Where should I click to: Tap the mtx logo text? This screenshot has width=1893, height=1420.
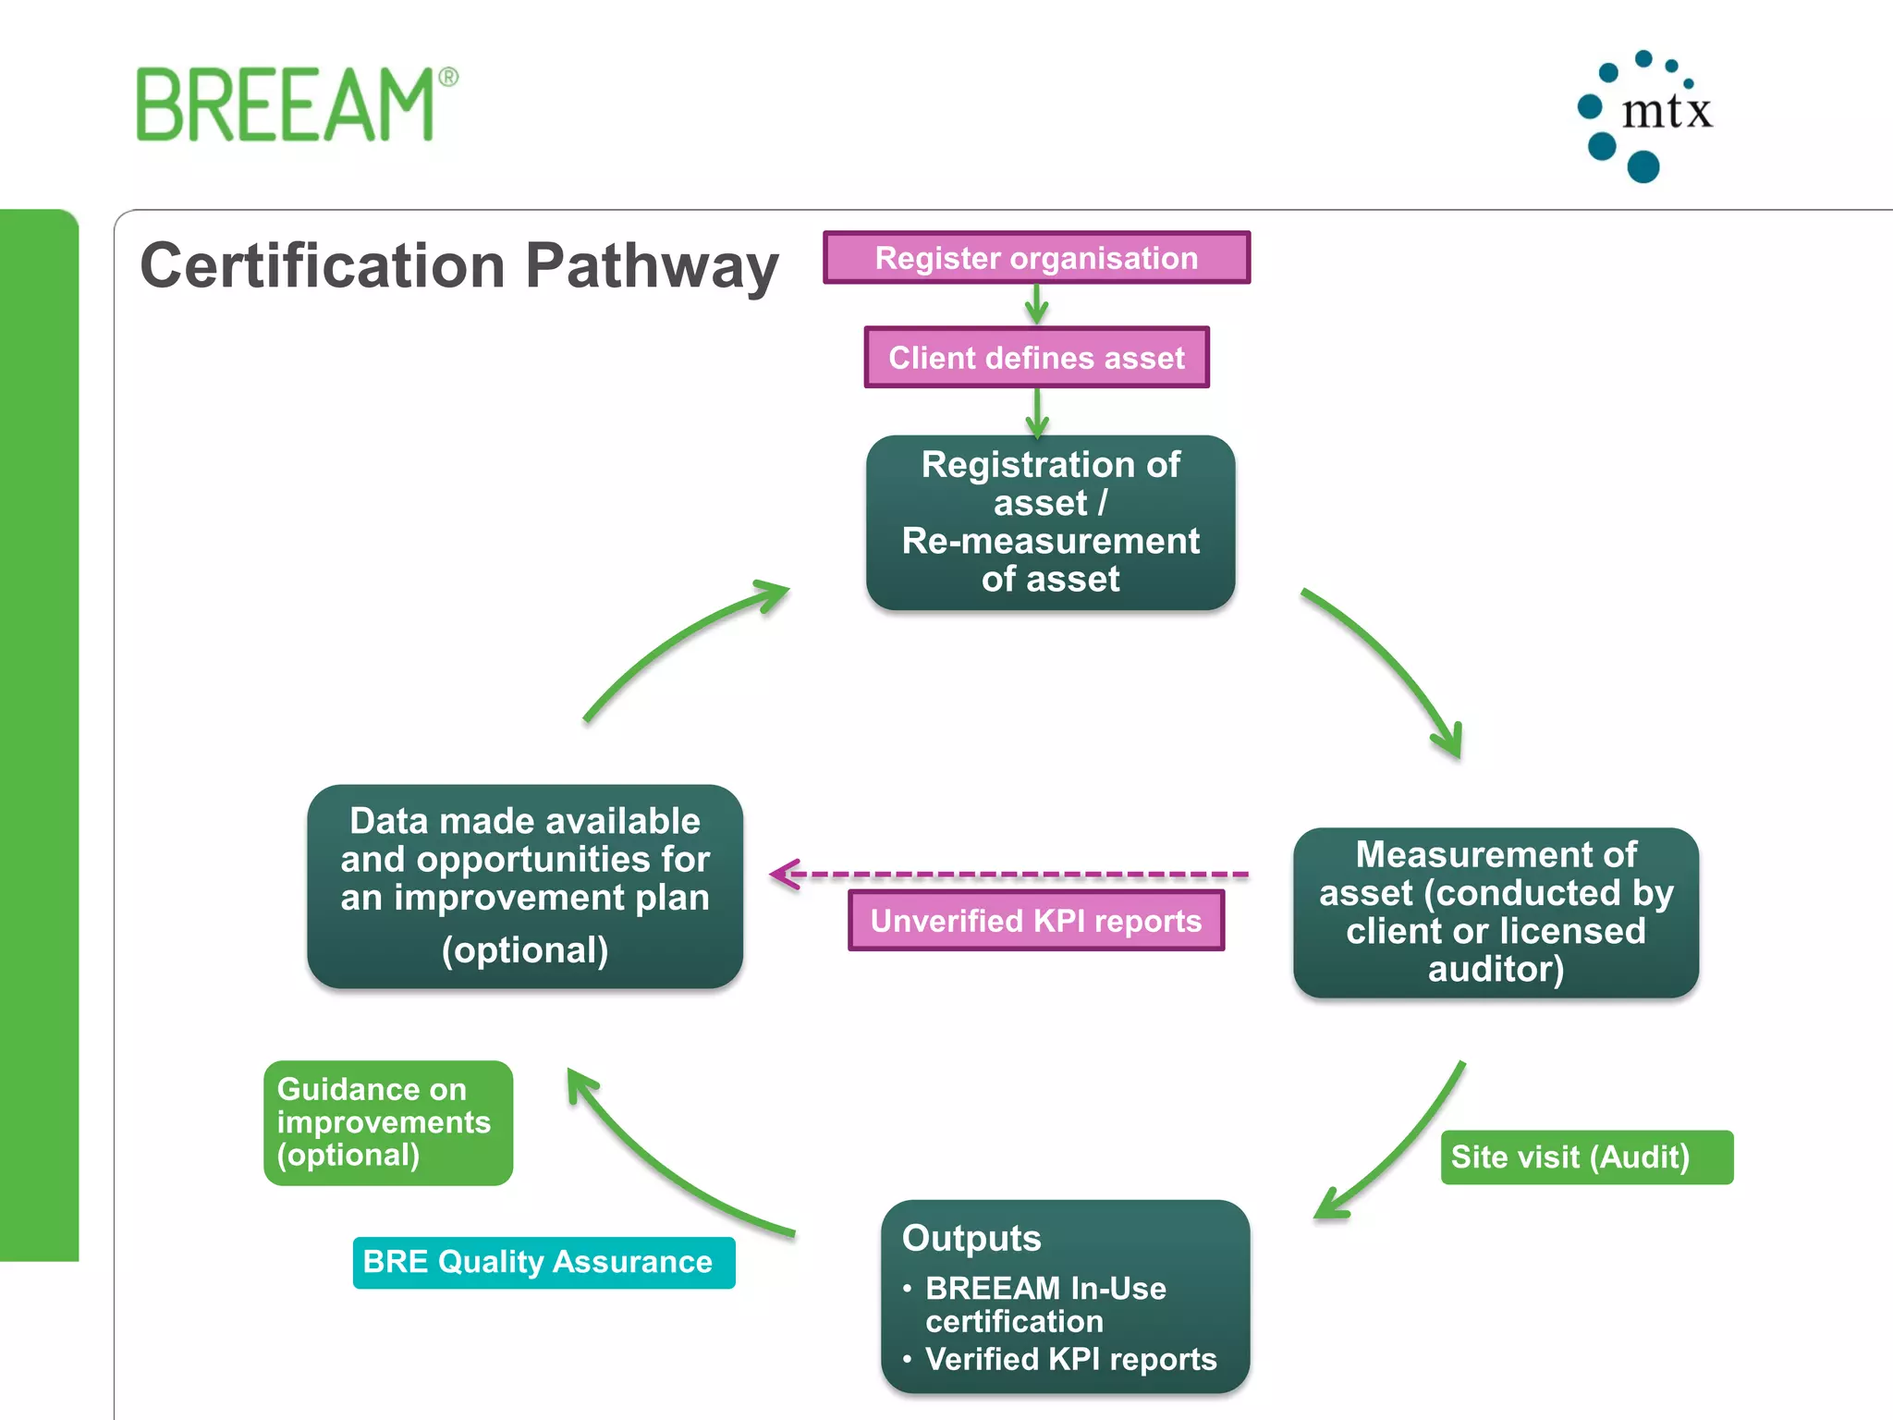coord(1667,111)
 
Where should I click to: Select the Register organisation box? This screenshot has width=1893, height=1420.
coord(1036,258)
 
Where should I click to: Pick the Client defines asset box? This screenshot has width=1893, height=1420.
coord(1036,358)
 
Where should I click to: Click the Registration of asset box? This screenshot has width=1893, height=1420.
coord(1050,522)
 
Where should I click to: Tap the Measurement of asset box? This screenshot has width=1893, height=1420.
coord(1495,912)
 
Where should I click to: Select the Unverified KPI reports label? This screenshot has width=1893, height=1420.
coord(1035,921)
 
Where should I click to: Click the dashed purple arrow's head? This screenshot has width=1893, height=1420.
coord(783,874)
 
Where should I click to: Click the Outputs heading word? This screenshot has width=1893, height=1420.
coord(971,1238)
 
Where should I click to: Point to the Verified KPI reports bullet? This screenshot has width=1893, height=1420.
coord(1070,1359)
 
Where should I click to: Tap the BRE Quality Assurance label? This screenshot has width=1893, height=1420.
coord(543,1262)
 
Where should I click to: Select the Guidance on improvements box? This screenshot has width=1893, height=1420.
coord(387,1122)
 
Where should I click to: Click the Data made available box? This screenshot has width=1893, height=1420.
coord(525,886)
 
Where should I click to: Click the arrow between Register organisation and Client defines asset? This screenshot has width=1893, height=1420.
coord(1037,304)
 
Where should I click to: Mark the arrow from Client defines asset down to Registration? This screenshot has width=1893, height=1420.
coord(1037,412)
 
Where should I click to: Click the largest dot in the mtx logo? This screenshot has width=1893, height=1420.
coord(1643,167)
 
